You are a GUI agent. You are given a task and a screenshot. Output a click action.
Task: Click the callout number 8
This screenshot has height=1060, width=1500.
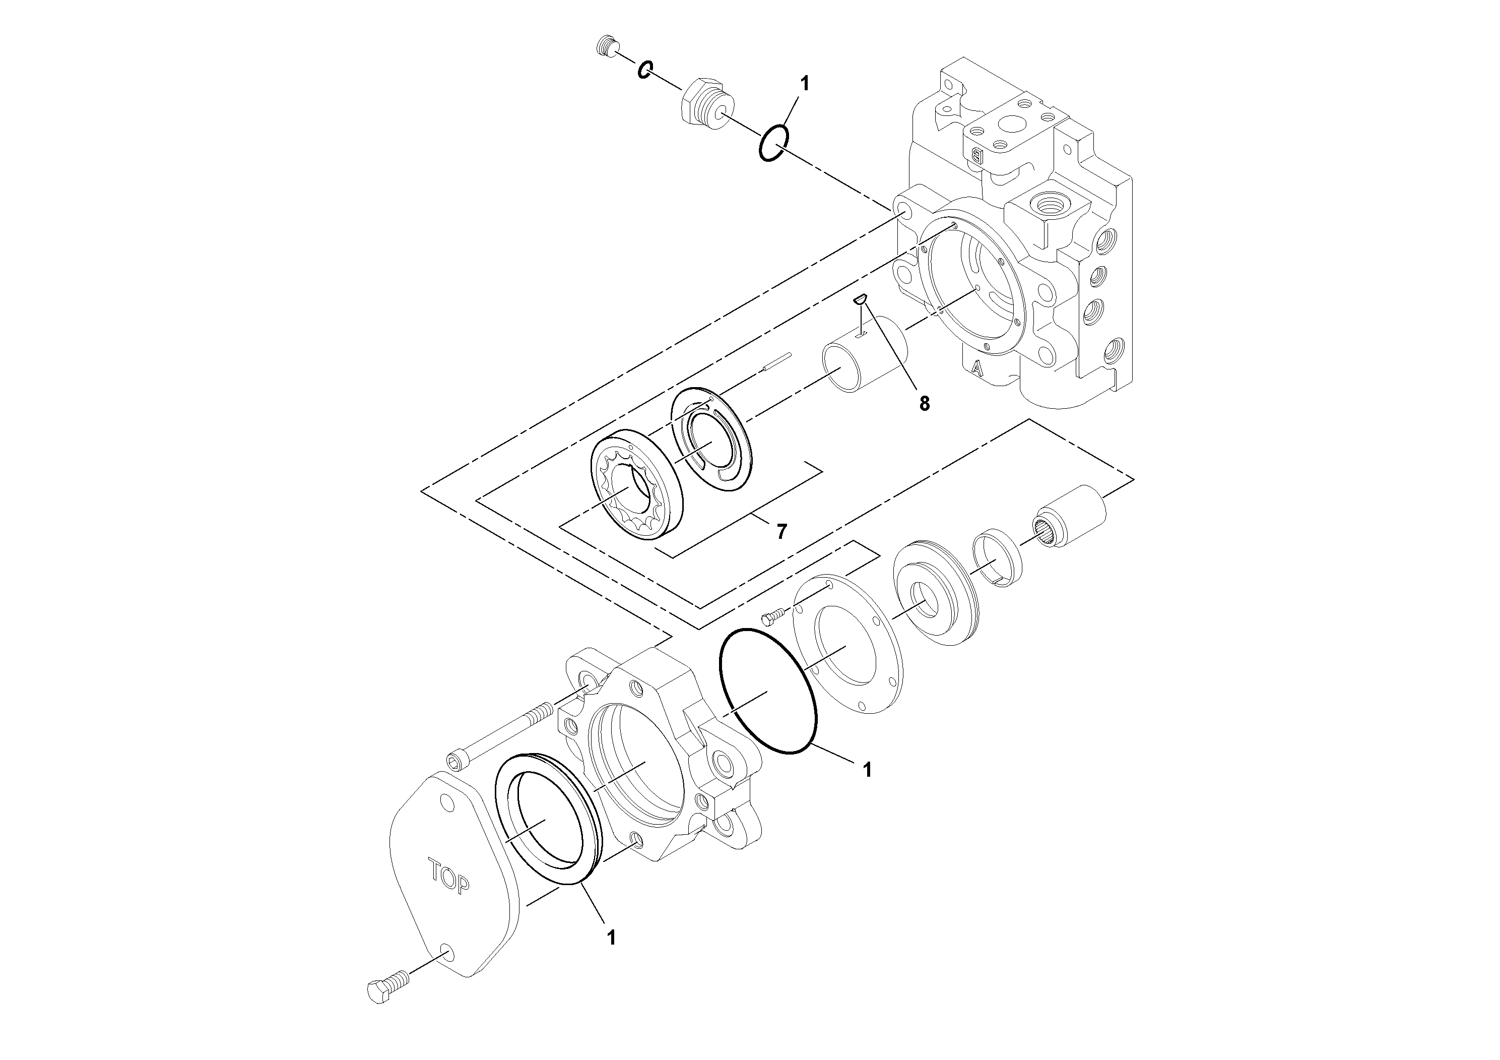[924, 404]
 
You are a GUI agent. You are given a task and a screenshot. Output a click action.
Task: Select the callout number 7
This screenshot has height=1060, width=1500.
[781, 531]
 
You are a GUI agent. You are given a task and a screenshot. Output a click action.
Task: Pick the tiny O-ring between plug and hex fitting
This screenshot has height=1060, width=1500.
[645, 69]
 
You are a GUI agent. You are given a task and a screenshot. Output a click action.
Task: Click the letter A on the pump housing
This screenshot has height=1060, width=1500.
[976, 368]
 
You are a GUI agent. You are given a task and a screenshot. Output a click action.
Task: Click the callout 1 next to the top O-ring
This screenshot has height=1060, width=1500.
[804, 84]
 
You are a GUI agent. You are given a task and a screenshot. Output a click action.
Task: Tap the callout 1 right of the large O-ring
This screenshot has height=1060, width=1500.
[867, 770]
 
